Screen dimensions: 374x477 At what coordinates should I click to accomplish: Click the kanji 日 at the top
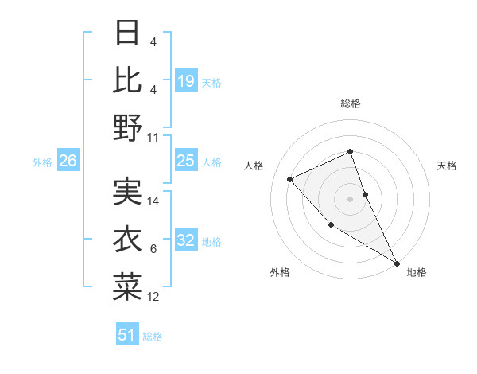[x=127, y=33]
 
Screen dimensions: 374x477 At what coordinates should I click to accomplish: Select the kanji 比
[x=127, y=80]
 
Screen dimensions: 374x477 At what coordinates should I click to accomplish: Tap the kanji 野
[x=127, y=127]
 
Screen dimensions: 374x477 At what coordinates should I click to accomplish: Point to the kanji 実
[x=127, y=192]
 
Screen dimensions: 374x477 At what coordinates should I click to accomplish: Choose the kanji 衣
[x=127, y=240]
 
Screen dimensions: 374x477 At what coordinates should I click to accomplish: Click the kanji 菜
[x=127, y=287]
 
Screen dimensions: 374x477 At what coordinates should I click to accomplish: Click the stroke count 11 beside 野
[x=153, y=137]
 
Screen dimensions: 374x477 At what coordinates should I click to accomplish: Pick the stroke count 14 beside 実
[x=153, y=201]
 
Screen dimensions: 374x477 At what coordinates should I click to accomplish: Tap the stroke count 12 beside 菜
[x=153, y=297]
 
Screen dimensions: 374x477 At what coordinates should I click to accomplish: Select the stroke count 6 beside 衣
[x=153, y=249]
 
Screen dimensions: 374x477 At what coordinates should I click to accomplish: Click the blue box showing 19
[x=186, y=80]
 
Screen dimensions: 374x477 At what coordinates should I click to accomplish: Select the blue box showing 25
[x=186, y=161]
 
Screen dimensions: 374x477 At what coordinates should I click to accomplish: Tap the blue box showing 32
[x=186, y=240]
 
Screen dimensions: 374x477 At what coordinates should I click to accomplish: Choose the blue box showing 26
[x=68, y=161]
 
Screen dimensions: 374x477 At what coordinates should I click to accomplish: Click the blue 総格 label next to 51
[x=153, y=337]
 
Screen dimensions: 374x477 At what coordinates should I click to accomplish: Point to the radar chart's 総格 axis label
[x=350, y=103]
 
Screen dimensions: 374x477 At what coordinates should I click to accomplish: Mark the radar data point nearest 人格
[x=290, y=179]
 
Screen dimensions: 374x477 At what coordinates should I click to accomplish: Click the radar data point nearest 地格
[x=397, y=263]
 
